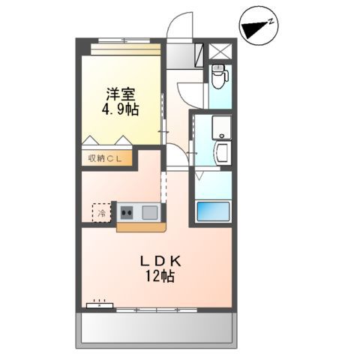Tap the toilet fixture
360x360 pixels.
[x=219, y=75]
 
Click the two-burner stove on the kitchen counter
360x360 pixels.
[x=124, y=211]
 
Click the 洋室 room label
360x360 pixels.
[x=117, y=94]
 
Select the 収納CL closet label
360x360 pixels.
[x=107, y=157]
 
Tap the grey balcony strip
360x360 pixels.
[x=157, y=328]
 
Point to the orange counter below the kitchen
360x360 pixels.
[x=138, y=226]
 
